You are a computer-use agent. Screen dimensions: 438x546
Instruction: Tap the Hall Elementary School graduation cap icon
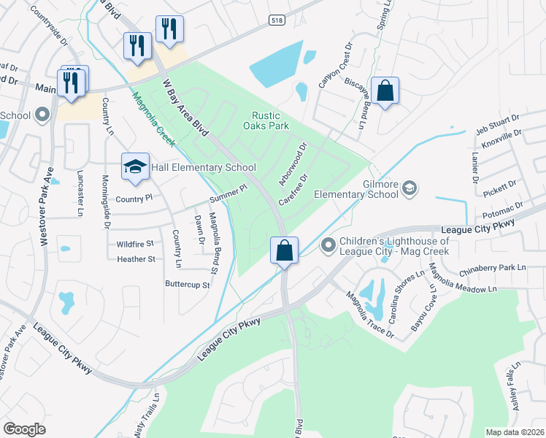click(135, 168)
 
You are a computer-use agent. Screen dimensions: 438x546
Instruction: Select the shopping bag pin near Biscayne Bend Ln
click(385, 91)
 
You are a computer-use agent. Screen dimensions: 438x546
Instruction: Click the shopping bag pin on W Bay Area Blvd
click(284, 250)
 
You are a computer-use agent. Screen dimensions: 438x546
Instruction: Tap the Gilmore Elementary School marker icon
click(409, 188)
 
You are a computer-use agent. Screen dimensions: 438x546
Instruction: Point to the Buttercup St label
click(188, 283)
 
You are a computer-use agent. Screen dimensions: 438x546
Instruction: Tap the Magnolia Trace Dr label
click(370, 315)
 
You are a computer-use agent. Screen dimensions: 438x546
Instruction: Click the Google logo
click(25, 429)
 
